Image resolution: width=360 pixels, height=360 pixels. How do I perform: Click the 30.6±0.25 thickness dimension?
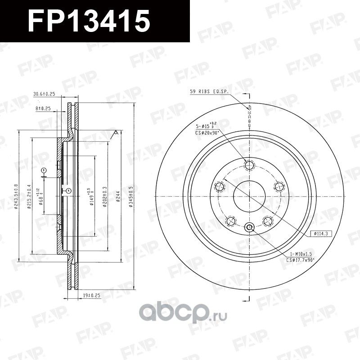pyautogui.click(x=44, y=94)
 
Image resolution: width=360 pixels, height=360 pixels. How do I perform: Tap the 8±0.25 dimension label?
pyautogui.click(x=43, y=109)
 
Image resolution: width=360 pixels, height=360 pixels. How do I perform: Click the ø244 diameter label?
pyautogui.click(x=117, y=195)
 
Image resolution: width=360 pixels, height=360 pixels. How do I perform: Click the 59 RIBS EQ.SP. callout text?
pyautogui.click(x=209, y=92)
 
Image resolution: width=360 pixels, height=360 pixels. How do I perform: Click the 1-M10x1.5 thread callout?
pyautogui.click(x=300, y=254)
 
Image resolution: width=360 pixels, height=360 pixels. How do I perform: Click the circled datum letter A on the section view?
pyautogui.click(x=68, y=191)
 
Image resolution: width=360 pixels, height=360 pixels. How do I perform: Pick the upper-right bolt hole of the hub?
pyautogui.click(x=278, y=186)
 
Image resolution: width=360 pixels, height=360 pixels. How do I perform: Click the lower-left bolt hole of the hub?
pyautogui.click(x=231, y=220)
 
